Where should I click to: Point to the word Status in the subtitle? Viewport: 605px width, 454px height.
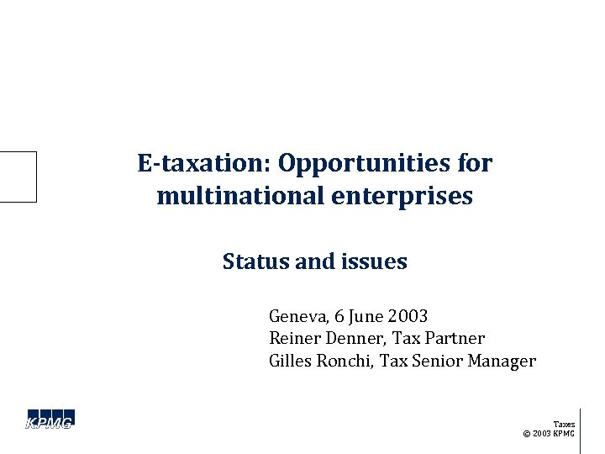250,262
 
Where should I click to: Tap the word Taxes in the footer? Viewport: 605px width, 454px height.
564,425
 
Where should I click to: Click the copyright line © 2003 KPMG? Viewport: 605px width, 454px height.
549,434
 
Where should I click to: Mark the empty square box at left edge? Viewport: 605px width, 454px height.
18,177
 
